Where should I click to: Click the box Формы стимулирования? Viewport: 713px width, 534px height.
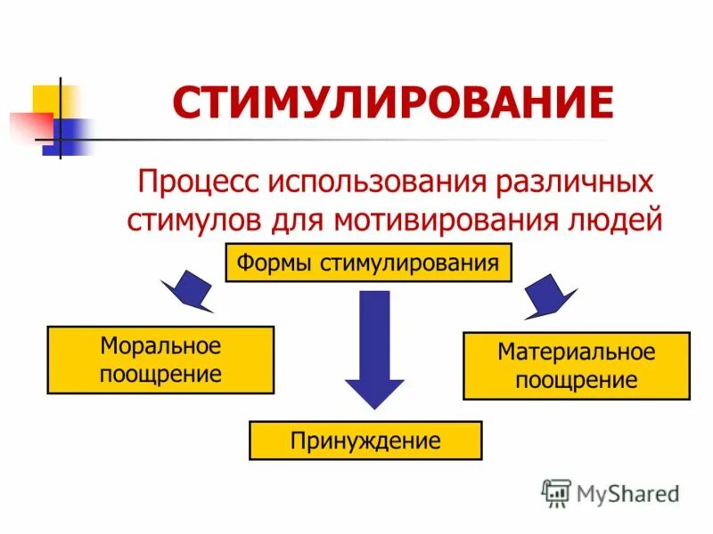pos(368,263)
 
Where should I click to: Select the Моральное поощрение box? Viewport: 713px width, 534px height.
pos(160,360)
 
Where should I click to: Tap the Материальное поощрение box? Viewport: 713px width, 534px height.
pos(576,365)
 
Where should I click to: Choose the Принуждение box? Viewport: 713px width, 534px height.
pos(365,441)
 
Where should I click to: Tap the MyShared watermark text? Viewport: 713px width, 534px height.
pos(628,491)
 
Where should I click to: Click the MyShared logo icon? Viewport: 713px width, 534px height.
pos(557,492)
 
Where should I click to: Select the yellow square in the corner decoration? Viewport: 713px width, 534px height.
pos(46,100)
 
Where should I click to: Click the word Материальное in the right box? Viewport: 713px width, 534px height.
pos(576,352)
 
